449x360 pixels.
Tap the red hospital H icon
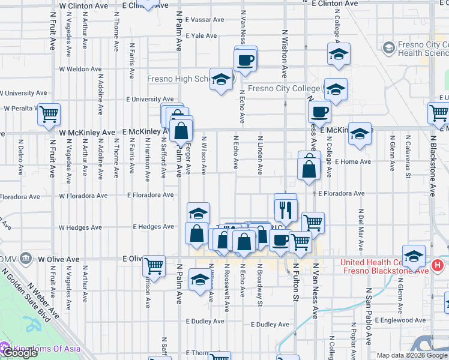click(x=438, y=264)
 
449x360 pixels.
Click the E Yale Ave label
click(x=201, y=36)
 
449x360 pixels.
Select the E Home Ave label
click(x=353, y=162)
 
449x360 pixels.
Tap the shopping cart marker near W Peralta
click(x=49, y=113)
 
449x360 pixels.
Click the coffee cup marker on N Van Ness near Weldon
click(x=246, y=60)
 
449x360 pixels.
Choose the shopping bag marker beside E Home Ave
click(x=309, y=169)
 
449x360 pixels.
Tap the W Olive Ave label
click(x=59, y=260)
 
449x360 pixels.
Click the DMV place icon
click(x=25, y=259)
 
